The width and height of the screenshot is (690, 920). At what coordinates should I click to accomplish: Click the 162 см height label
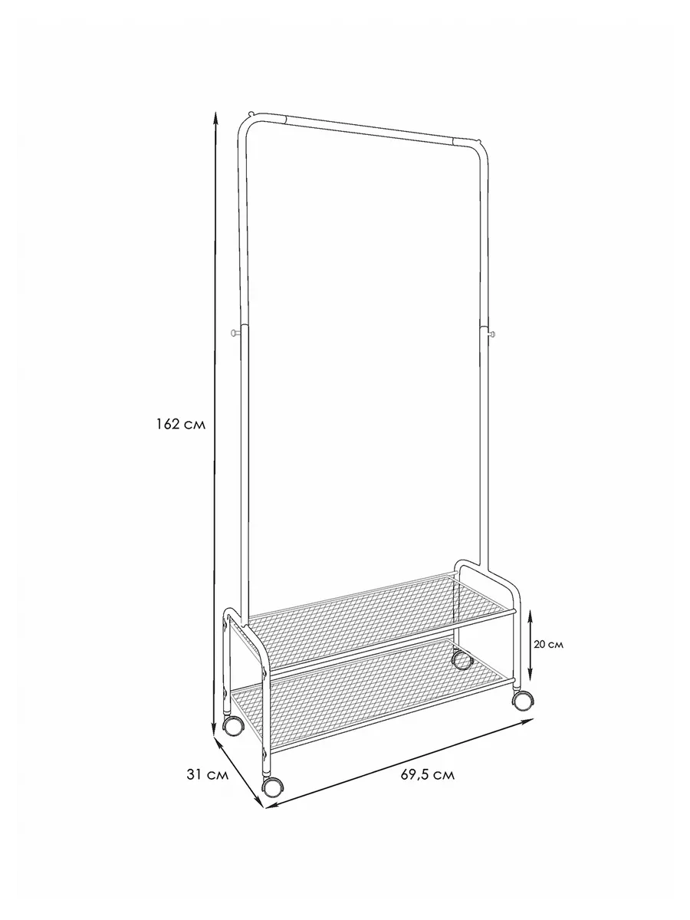pyautogui.click(x=181, y=425)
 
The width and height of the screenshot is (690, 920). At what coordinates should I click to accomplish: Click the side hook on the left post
pyautogui.click(x=235, y=333)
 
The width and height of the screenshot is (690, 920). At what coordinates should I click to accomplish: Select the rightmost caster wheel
pyautogui.click(x=523, y=700)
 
